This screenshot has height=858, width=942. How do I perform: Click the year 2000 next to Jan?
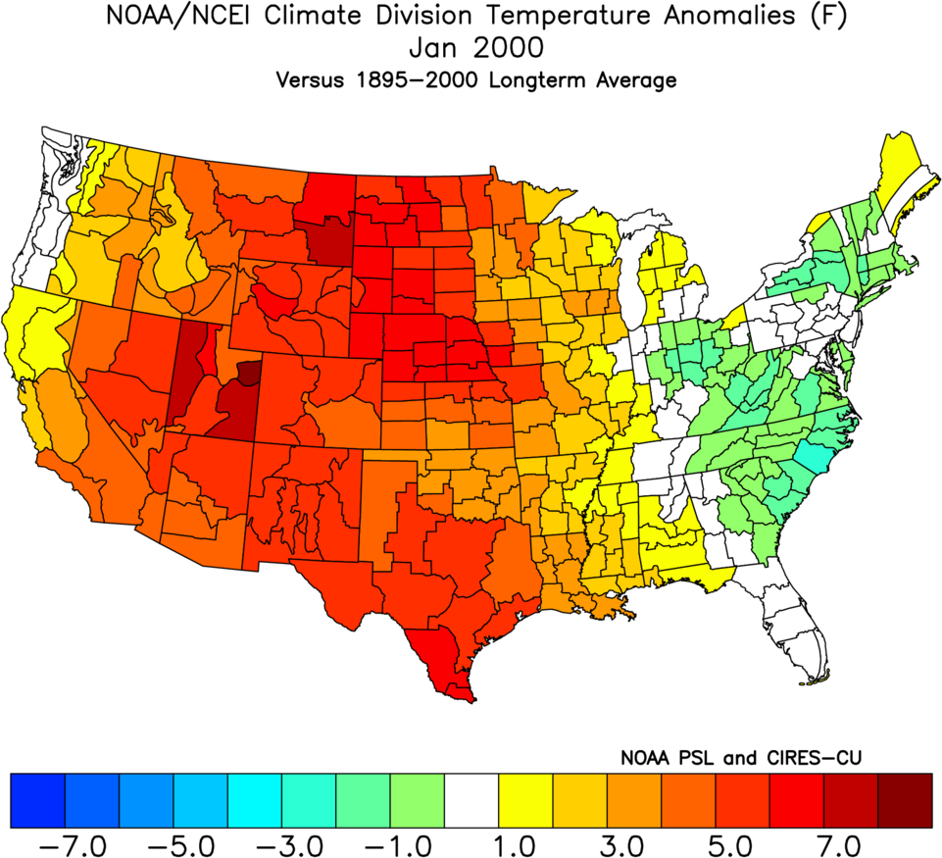[514, 48]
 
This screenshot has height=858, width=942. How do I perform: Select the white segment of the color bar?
[471, 800]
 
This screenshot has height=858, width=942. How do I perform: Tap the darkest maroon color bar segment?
[905, 800]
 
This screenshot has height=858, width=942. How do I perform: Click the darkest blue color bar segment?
[37, 800]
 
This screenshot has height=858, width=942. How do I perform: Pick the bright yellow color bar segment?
[525, 800]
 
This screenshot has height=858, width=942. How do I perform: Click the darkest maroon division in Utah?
[251, 373]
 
